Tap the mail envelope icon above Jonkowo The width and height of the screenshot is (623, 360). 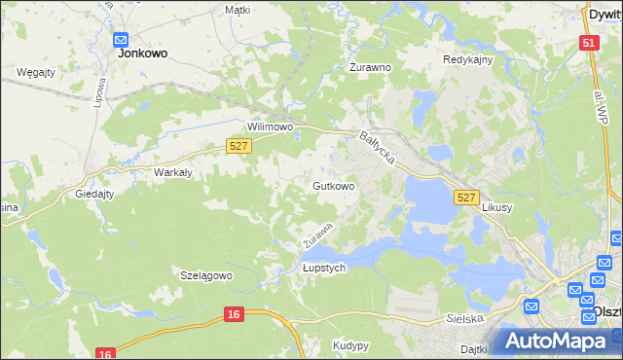(x=121, y=40)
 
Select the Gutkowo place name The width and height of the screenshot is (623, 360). (x=333, y=185)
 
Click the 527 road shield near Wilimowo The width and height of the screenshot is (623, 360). (x=239, y=146)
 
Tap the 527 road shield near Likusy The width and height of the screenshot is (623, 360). (x=466, y=198)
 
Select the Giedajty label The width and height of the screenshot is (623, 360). (x=94, y=194)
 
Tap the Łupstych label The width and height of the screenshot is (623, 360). (x=324, y=269)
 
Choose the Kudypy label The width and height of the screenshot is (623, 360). (x=350, y=345)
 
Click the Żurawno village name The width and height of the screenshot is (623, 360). (x=370, y=68)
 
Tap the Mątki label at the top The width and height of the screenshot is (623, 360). (x=238, y=10)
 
